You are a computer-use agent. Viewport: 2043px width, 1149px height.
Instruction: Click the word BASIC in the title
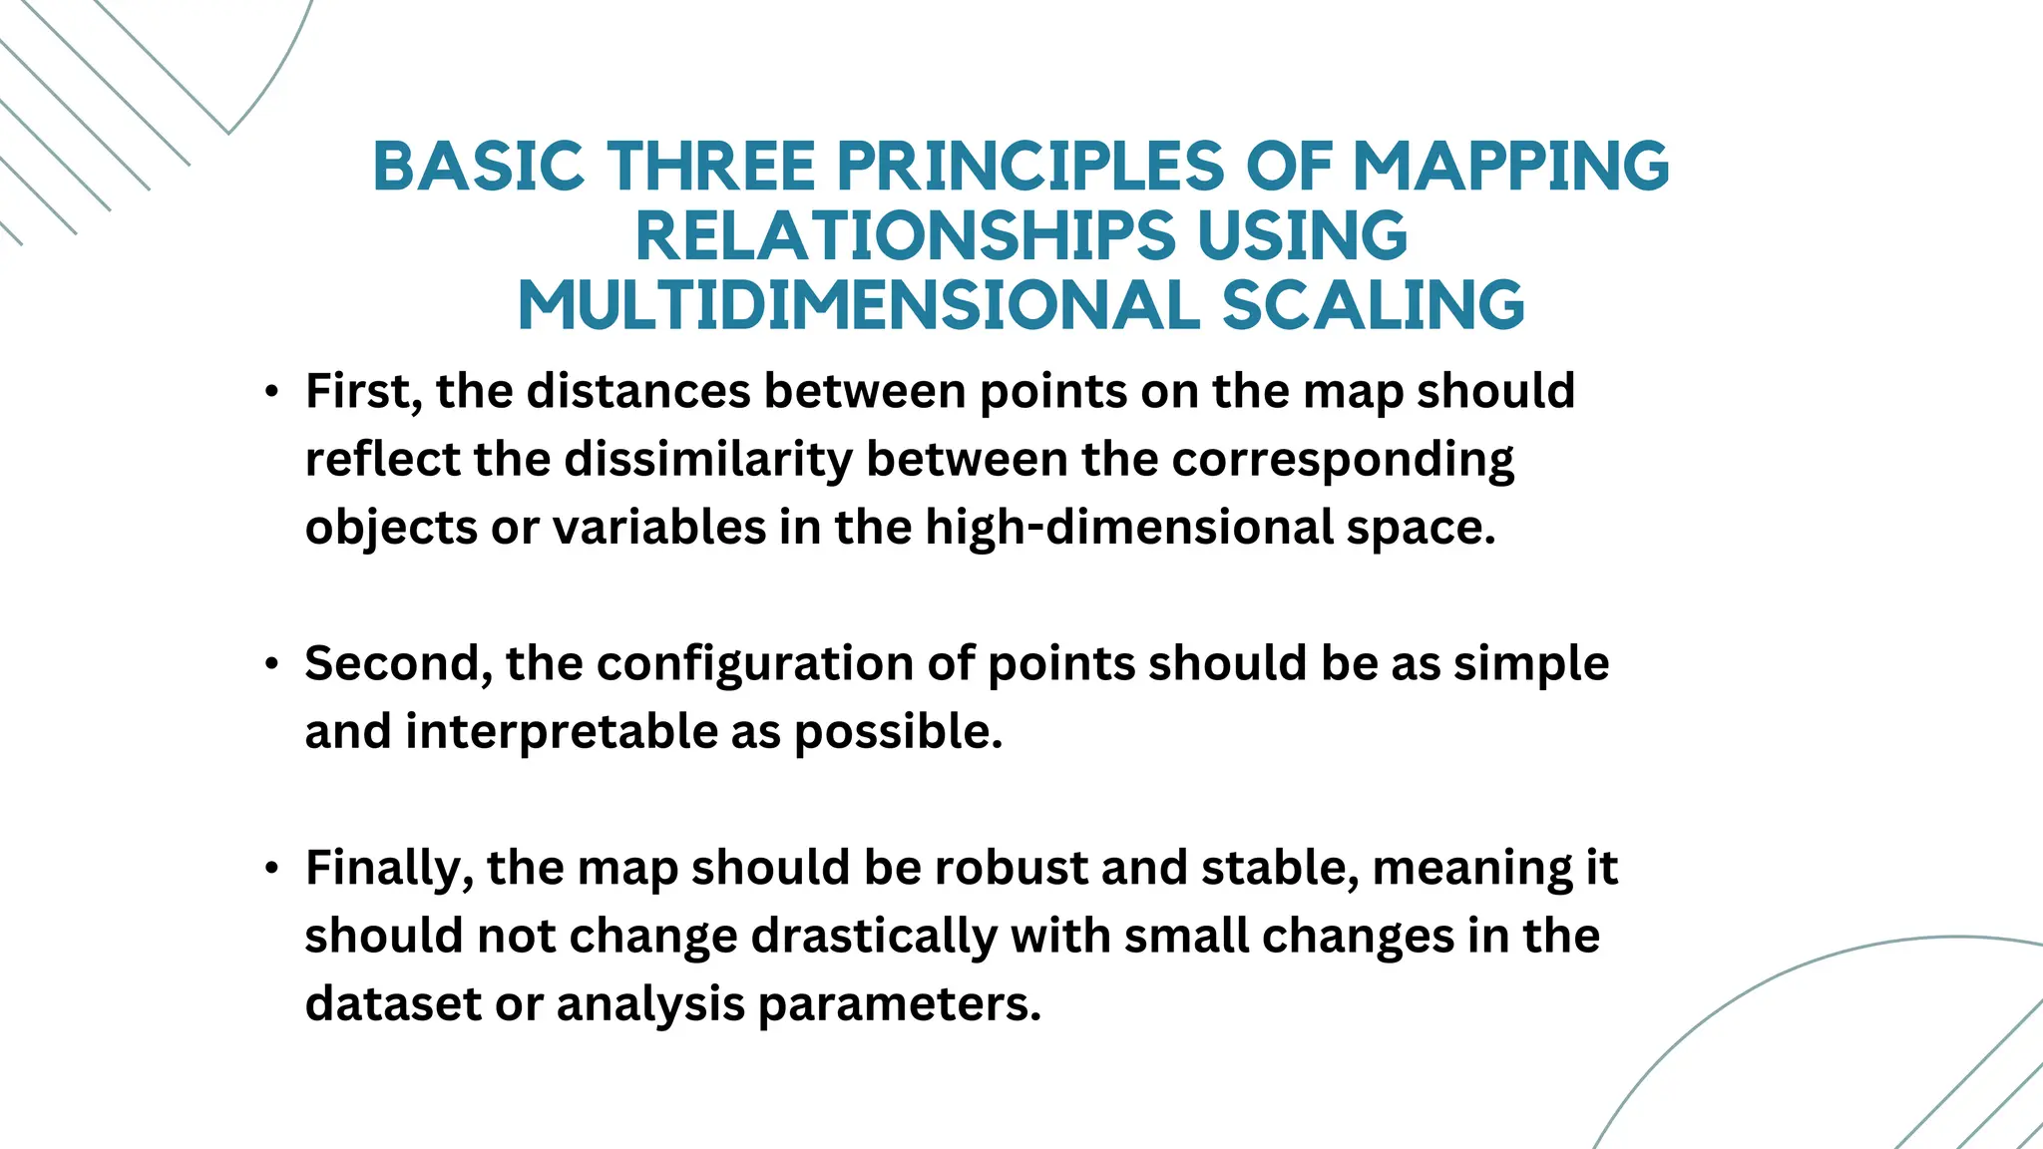(x=478, y=166)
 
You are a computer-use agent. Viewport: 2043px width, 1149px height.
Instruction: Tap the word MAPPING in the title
(x=1510, y=166)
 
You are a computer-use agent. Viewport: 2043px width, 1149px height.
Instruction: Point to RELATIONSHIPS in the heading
(x=906, y=236)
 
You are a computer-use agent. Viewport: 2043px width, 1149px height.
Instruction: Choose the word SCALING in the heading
(x=1374, y=305)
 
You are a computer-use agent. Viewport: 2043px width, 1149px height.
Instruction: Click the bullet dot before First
(x=271, y=392)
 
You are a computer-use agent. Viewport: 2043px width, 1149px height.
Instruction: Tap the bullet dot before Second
(x=271, y=664)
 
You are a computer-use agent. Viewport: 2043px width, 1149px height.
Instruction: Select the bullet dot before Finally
(x=271, y=869)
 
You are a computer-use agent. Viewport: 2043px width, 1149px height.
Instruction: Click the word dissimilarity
(x=708, y=460)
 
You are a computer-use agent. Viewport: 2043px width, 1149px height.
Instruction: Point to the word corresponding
(x=1343, y=460)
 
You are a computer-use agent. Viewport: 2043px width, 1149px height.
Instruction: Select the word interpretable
(x=562, y=732)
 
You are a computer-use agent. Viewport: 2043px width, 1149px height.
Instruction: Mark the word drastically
(x=873, y=937)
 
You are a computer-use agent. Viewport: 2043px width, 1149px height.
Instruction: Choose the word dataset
(x=393, y=1004)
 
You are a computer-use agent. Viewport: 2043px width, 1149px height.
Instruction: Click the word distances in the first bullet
(x=637, y=392)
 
